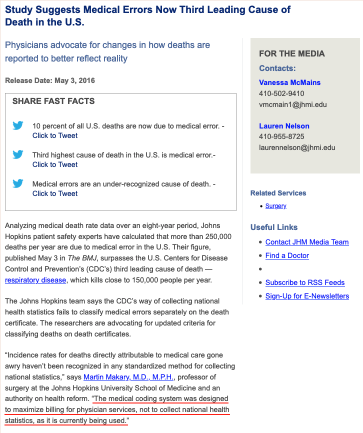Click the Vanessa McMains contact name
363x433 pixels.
pyautogui.click(x=289, y=82)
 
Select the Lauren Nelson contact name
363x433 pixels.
pyautogui.click(x=284, y=126)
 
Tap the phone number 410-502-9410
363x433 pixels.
pyautogui.click(x=281, y=93)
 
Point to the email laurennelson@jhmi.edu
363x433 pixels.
pyautogui.click(x=297, y=147)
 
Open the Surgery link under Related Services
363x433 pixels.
pyautogui.click(x=276, y=206)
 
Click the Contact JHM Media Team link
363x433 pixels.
pyautogui.click(x=307, y=242)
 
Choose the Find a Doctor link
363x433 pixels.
pyautogui.click(x=287, y=255)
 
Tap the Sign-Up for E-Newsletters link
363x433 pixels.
pyautogui.click(x=307, y=296)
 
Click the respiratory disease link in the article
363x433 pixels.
pyautogui.click(x=35, y=280)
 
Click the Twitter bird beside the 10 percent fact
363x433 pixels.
pyautogui.click(x=18, y=126)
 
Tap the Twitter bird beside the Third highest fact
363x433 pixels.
pyautogui.click(x=18, y=155)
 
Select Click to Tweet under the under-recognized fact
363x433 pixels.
pyautogui.click(x=55, y=193)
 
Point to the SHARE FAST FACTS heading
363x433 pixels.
pyautogui.click(x=53, y=101)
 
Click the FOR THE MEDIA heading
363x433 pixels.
pyautogui.click(x=292, y=53)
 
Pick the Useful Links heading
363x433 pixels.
pyautogui.click(x=274, y=227)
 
